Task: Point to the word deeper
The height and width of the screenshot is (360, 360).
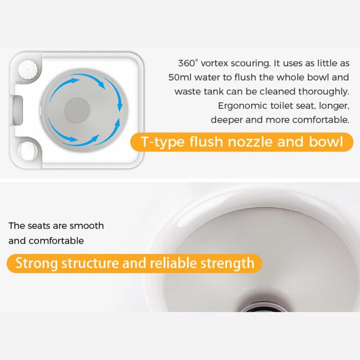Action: point(225,120)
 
